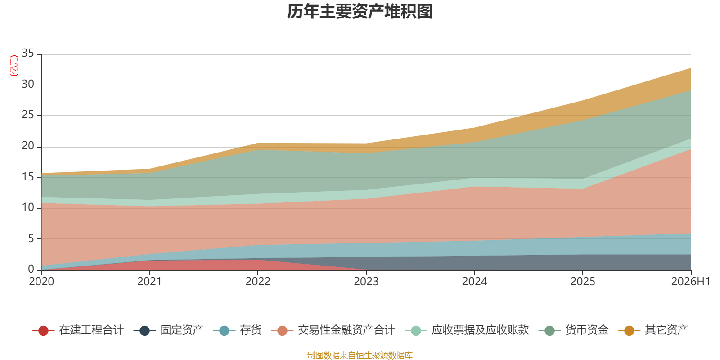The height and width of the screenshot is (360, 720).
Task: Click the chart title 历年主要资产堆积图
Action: pos(360,12)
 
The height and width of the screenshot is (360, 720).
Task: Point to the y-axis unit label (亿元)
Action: pos(14,66)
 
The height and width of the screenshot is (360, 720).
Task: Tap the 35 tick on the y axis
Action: pos(28,54)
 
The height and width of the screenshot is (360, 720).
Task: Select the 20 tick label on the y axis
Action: pos(28,146)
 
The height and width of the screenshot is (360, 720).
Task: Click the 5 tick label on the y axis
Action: pos(31,239)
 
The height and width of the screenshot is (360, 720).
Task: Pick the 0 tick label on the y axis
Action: pos(31,269)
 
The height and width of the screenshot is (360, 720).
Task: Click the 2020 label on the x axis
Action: pos(41,282)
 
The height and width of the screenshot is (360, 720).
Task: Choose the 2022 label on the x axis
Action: pos(258,282)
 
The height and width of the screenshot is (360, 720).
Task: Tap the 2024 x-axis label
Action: pos(474,282)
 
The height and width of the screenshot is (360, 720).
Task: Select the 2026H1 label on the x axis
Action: pos(690,282)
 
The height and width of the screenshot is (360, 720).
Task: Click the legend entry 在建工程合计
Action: pos(78,330)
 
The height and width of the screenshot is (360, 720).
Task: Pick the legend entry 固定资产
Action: pos(169,330)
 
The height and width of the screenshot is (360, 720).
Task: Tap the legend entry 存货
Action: pos(238,330)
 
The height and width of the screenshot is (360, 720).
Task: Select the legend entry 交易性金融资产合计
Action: pos(333,330)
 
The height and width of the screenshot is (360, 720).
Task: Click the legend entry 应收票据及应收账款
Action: pos(467,330)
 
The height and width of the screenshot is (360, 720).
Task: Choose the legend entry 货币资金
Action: pos(573,330)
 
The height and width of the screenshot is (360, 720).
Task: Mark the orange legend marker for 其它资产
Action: pos(629,331)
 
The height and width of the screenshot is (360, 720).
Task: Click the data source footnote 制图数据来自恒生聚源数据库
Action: pos(360,355)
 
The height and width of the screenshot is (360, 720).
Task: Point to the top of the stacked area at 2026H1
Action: pos(691,68)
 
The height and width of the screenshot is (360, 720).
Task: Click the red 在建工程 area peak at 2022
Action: pos(258,260)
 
